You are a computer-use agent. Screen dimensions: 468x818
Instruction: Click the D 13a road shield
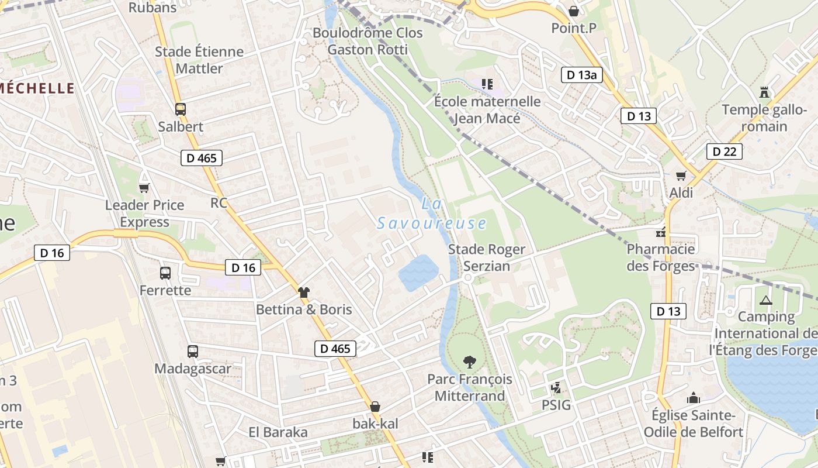(582, 75)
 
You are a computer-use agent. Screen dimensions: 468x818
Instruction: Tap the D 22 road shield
(724, 152)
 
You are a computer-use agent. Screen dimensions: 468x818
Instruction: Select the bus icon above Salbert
(181, 109)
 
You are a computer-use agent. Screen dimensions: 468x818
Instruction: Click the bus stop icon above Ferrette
(165, 273)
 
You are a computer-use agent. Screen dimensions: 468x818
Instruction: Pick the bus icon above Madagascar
(193, 351)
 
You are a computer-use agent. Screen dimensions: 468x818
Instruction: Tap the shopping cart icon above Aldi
(681, 175)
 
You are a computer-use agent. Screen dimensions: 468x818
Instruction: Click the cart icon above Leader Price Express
(144, 188)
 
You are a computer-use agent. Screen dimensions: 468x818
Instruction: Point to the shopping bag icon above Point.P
(574, 11)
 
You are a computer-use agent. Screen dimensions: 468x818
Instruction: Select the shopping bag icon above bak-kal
(375, 406)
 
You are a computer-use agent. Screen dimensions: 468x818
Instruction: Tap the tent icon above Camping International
(766, 300)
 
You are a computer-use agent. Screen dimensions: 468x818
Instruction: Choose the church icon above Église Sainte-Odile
(694, 398)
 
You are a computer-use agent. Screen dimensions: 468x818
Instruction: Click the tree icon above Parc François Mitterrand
(469, 362)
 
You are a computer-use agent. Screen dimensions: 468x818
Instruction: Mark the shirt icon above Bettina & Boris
(304, 292)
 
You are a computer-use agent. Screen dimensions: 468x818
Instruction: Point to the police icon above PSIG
(556, 387)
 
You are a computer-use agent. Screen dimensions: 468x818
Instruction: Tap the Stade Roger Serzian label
(486, 257)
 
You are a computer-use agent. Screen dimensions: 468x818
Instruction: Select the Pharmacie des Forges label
(661, 257)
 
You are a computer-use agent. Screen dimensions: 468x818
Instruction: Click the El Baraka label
(278, 432)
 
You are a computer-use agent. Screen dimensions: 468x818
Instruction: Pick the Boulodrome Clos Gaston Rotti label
(368, 41)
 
